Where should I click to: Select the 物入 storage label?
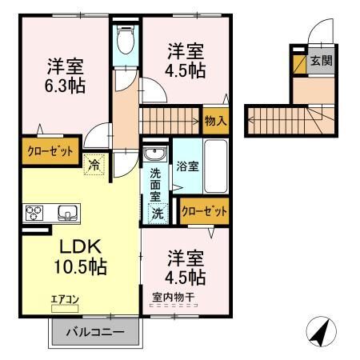click(x=214, y=121)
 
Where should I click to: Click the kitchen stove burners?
click(x=36, y=213)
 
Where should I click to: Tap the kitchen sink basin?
click(x=66, y=213)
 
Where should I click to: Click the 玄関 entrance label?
click(x=321, y=60)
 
